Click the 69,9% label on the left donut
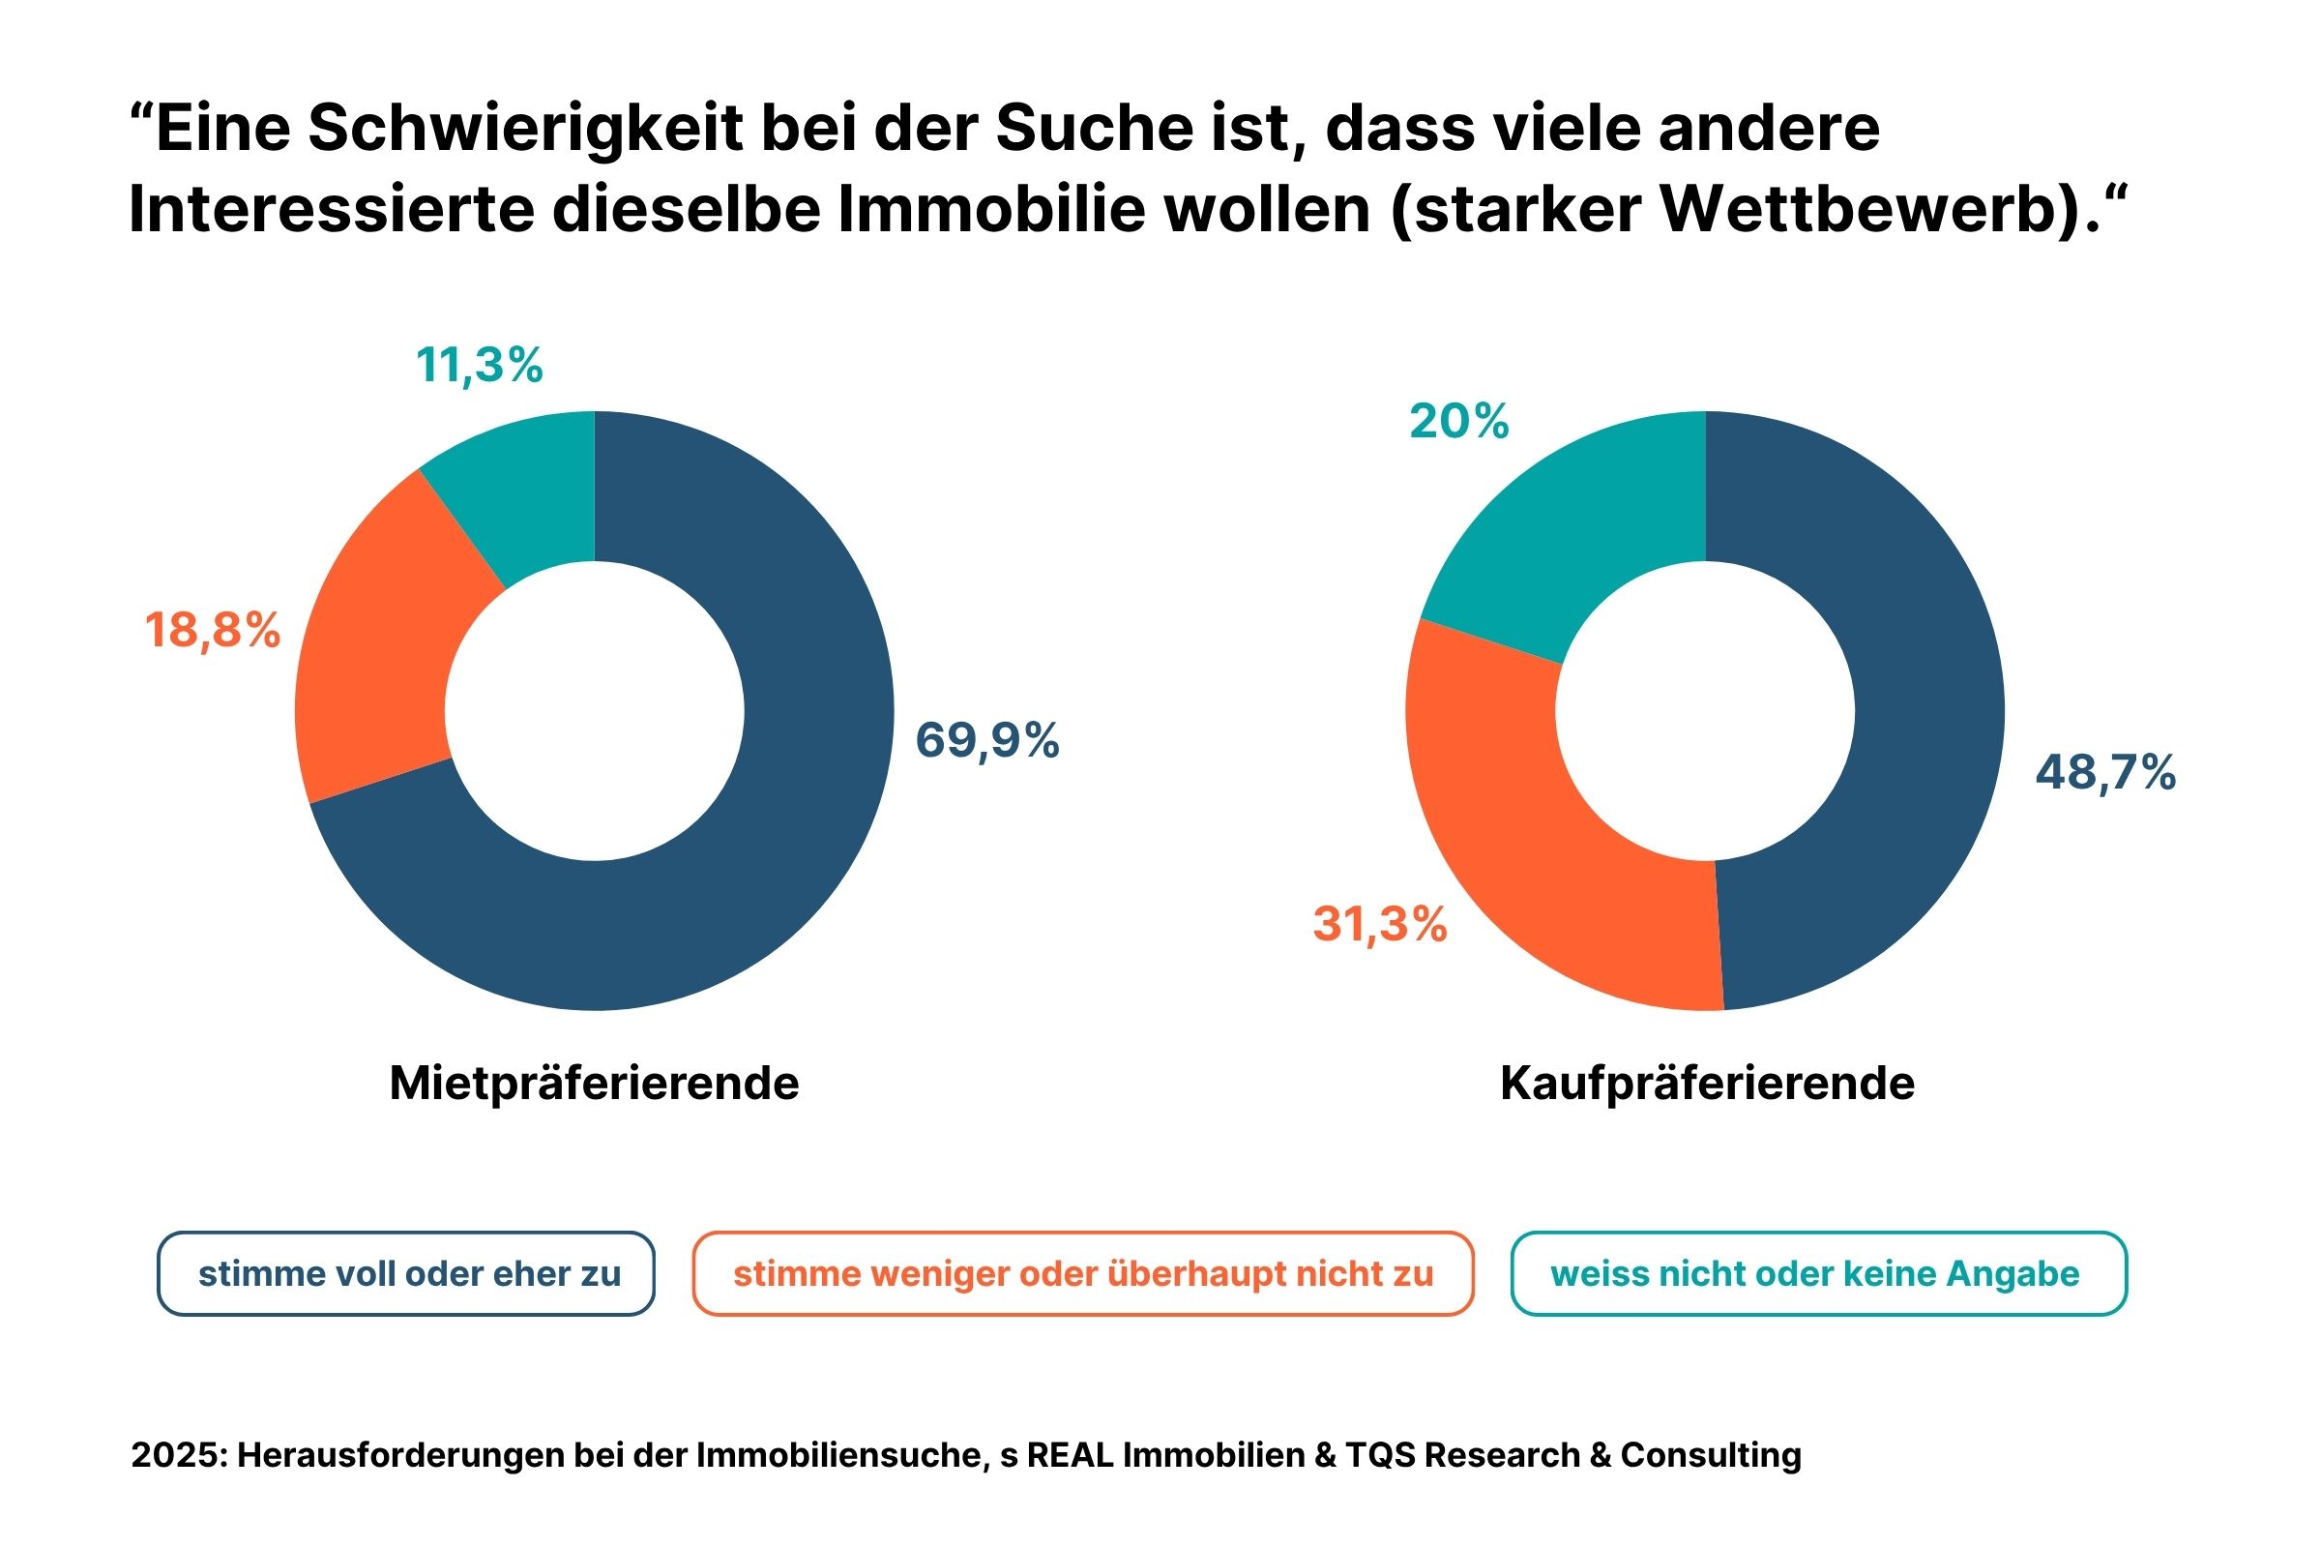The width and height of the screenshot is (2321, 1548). tap(986, 740)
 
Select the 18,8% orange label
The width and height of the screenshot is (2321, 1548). tap(212, 630)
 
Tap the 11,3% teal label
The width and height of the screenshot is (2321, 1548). tap(479, 366)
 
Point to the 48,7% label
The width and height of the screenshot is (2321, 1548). tap(2105, 772)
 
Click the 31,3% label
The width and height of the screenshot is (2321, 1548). tap(1379, 925)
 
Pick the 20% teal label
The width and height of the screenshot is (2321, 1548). tap(1458, 422)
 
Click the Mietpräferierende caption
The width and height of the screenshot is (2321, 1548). tap(594, 1084)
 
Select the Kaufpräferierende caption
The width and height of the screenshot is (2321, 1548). tap(1707, 1084)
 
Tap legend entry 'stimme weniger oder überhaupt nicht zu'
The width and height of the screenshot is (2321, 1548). tap(1082, 1273)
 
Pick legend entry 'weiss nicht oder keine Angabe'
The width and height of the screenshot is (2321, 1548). tap(1818, 1273)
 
